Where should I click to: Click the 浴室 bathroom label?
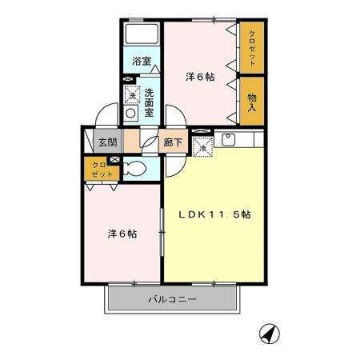141,60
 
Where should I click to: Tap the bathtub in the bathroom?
142,34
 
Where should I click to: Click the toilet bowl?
136,169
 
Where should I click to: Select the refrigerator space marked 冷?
202,146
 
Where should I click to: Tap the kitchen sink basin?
227,141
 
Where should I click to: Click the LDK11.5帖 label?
215,214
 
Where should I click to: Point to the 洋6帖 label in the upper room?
200,77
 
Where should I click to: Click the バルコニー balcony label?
172,300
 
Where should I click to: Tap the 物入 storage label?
252,101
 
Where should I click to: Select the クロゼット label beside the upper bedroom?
252,46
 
